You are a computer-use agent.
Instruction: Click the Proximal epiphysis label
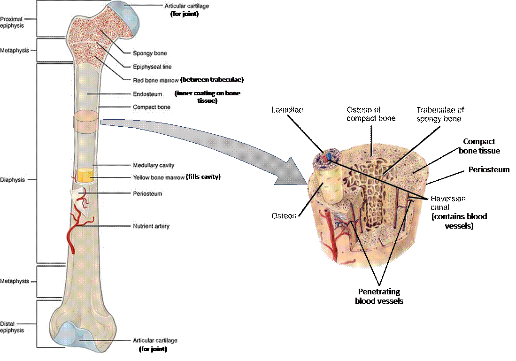coord(12,22)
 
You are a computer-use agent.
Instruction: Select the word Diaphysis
coord(13,180)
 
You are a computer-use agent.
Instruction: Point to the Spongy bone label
coord(150,54)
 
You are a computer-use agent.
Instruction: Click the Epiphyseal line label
coord(153,67)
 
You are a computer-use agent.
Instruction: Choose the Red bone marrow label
coord(156,80)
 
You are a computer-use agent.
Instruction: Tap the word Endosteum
coord(147,94)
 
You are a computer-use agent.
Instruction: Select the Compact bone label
coord(152,108)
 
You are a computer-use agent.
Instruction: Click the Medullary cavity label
coord(154,165)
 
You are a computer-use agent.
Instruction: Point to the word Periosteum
coord(147,193)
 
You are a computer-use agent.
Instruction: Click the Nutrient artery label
coord(151,226)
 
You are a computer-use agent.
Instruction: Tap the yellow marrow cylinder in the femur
coord(85,176)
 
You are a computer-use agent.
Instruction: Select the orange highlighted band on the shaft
coord(85,121)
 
